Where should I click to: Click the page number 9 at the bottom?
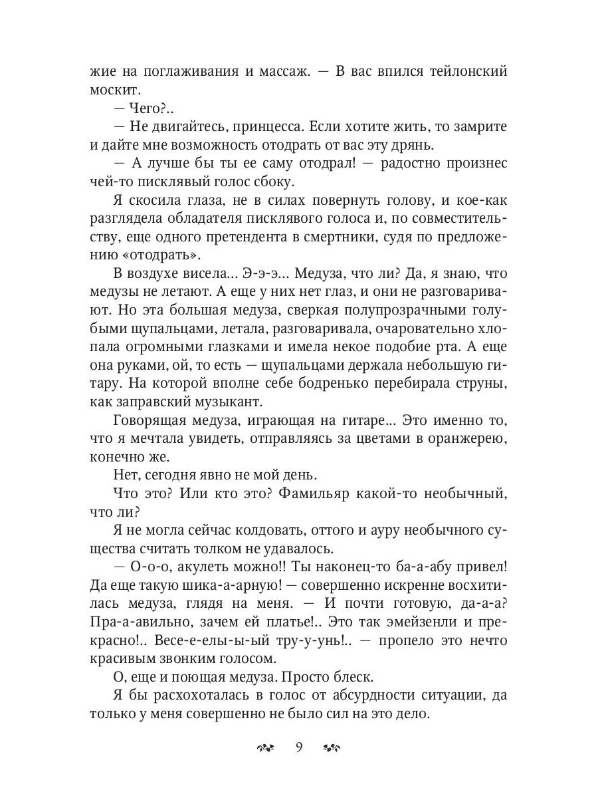(x=299, y=747)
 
